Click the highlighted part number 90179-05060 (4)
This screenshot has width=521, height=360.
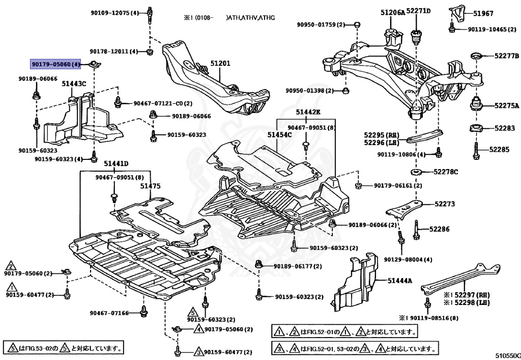click(x=55, y=64)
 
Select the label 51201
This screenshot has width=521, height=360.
click(x=220, y=63)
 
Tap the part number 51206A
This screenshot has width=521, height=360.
click(x=393, y=13)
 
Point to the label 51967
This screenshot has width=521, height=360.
click(x=483, y=13)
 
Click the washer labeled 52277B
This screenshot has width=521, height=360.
click(x=478, y=57)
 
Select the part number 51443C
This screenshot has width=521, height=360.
click(x=74, y=84)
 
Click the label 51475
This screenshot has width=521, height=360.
click(x=150, y=186)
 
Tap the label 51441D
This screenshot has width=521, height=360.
click(x=116, y=163)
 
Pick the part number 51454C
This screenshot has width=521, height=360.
click(x=280, y=134)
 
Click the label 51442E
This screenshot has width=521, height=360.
click(x=308, y=112)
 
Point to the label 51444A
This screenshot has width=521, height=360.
click(x=400, y=281)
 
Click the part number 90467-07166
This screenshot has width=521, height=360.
click(x=109, y=313)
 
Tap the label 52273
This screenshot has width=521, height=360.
click(x=445, y=204)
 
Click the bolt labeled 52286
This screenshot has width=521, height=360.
click(x=416, y=230)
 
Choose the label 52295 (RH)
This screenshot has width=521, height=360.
click(x=382, y=135)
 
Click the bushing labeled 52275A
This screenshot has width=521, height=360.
click(x=476, y=104)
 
